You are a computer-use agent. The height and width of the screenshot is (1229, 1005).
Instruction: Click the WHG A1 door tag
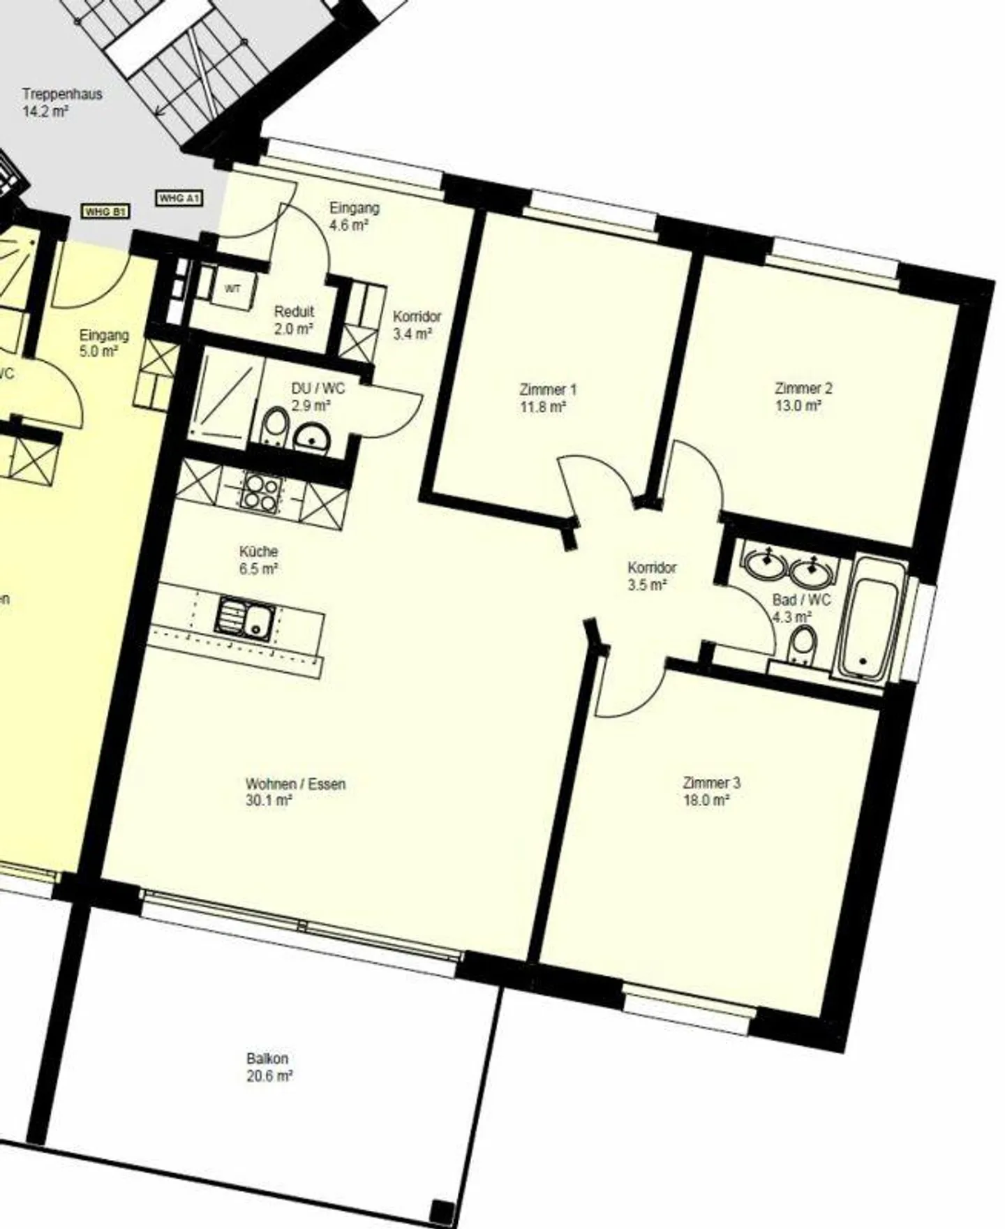click(x=180, y=199)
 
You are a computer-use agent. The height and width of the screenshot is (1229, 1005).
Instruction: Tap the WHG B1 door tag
click(x=106, y=211)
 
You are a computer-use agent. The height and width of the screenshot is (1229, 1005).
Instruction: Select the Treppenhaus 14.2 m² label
click(x=62, y=103)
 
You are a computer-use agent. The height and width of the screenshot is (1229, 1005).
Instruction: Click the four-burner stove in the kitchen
click(x=262, y=491)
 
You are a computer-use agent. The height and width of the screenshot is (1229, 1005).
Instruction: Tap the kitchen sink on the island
click(x=244, y=618)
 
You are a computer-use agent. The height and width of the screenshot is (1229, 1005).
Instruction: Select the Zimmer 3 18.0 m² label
click(x=711, y=791)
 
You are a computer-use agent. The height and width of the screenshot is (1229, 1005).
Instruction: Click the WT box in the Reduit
click(x=231, y=288)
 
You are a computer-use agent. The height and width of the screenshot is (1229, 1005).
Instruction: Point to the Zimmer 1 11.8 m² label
click(x=547, y=398)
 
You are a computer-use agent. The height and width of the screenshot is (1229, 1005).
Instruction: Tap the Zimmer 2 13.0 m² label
click(x=803, y=396)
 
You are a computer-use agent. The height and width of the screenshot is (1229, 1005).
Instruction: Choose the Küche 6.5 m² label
click(x=258, y=560)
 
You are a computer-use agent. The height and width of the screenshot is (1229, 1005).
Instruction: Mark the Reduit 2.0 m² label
click(x=293, y=320)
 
